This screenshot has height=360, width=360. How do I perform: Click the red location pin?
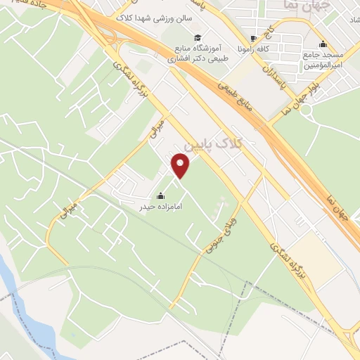[x=181, y=165]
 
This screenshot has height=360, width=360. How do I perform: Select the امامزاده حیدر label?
[x=162, y=207]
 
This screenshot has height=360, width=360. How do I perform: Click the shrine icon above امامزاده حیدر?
[x=161, y=195]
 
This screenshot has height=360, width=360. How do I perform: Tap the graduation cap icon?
[x=198, y=37]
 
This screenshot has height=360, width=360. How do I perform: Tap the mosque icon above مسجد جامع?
[x=323, y=44]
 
